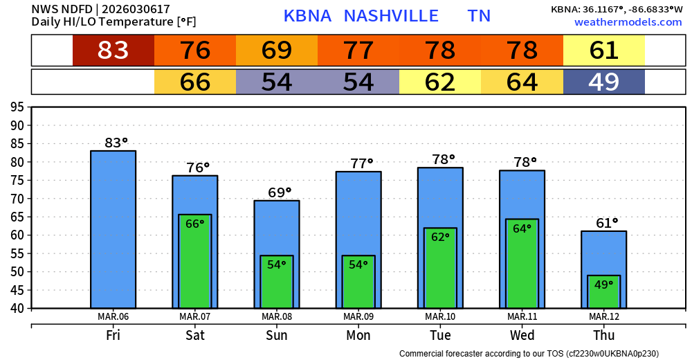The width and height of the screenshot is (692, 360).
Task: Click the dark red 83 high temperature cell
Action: pyautogui.click(x=113, y=51)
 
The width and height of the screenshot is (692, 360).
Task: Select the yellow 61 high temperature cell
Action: pyautogui.click(x=603, y=51)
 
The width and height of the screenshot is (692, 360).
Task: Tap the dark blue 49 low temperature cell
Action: pyautogui.click(x=603, y=82)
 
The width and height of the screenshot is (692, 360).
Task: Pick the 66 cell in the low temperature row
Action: pyautogui.click(x=195, y=82)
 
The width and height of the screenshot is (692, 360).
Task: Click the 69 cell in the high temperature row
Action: pyautogui.click(x=277, y=51)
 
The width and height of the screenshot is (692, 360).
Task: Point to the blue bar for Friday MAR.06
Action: pyautogui.click(x=113, y=228)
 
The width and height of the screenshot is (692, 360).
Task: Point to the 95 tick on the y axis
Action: pyautogui.click(x=17, y=107)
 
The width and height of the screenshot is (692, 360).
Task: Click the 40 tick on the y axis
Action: pyautogui.click(x=17, y=308)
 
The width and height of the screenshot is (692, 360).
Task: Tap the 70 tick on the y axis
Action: pyautogui.click(x=17, y=199)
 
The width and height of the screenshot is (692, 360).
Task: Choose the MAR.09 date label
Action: pyautogui.click(x=358, y=317)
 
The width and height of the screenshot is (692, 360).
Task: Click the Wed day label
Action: pyautogui.click(x=522, y=335)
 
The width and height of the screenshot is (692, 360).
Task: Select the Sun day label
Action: pyautogui.click(x=277, y=335)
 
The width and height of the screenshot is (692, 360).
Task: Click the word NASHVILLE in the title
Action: pyautogui.click(x=391, y=16)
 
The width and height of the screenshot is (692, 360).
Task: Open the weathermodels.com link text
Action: pyautogui.click(x=628, y=22)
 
